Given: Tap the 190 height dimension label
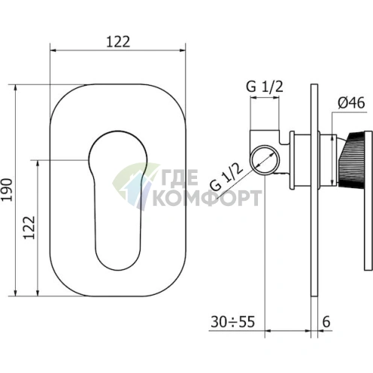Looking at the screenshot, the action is click(x=7, y=190).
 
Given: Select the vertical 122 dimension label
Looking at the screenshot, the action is click(x=29, y=228).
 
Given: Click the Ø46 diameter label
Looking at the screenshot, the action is click(x=351, y=103).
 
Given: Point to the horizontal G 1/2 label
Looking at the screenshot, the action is click(x=265, y=86).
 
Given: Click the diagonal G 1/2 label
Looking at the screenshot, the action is click(x=226, y=177).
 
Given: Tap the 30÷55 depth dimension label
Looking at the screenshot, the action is click(x=232, y=322).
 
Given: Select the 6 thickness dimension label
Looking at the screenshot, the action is click(x=326, y=322).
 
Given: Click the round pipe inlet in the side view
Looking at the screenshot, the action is click(x=265, y=160).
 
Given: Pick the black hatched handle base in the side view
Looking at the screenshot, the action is click(x=350, y=159).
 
